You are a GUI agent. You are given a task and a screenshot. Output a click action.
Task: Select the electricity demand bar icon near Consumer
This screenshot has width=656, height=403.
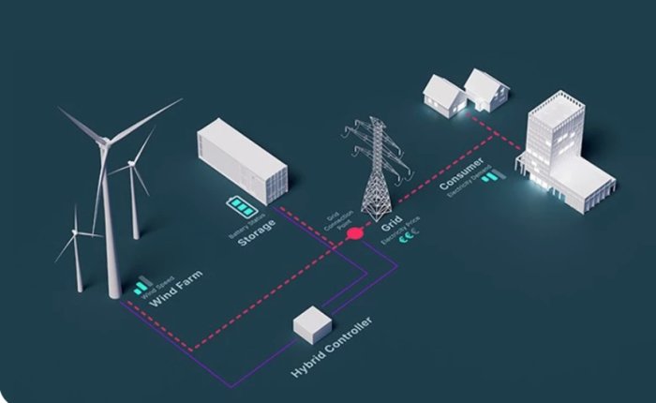click(x=490, y=177)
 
